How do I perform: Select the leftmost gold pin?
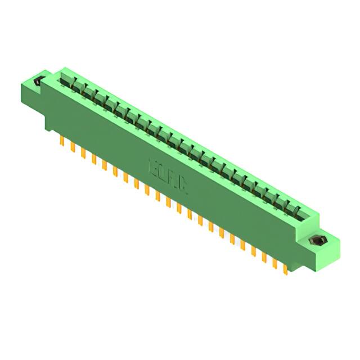(61, 141)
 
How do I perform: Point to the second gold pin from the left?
(72, 146)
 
